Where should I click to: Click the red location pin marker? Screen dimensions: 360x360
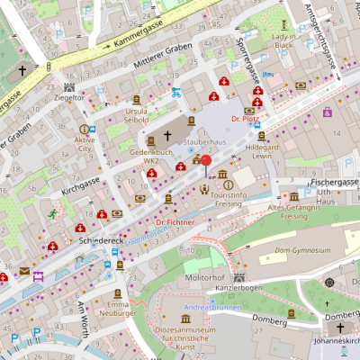[205, 163]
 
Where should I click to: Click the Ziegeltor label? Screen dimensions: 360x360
[68, 96]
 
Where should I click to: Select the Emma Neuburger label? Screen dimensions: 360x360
[118, 310]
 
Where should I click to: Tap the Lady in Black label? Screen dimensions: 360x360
[283, 39]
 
